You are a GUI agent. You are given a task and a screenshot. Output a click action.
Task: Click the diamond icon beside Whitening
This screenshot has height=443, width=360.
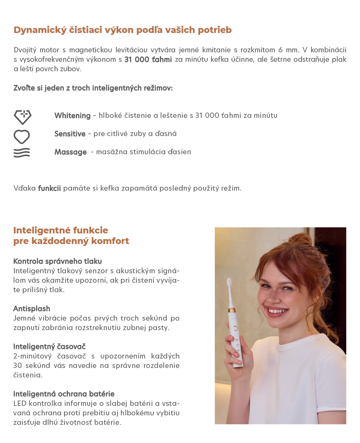22,117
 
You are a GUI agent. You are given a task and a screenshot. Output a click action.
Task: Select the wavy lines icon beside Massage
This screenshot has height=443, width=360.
22,153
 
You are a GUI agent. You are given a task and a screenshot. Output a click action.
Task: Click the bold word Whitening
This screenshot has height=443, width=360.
72,116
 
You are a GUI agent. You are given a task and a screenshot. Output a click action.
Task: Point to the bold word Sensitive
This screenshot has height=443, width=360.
70,134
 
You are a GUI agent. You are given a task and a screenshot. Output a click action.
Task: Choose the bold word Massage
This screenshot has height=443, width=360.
70,152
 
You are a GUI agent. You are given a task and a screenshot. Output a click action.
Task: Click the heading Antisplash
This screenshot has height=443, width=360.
32,308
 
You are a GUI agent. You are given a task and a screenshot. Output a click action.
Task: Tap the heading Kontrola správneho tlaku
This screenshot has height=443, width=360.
58,261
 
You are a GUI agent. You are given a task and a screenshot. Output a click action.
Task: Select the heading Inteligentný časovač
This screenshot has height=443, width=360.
49,346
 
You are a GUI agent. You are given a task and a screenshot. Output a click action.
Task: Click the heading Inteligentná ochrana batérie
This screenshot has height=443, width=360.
64,394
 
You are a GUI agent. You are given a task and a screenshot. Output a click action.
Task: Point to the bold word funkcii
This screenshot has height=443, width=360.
49,188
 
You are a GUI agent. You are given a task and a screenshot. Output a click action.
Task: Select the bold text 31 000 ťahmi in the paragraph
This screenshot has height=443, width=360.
148,59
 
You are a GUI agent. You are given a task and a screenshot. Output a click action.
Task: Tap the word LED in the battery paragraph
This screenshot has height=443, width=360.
20,403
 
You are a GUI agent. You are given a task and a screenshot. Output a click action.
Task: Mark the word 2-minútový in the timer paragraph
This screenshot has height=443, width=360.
32,356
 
